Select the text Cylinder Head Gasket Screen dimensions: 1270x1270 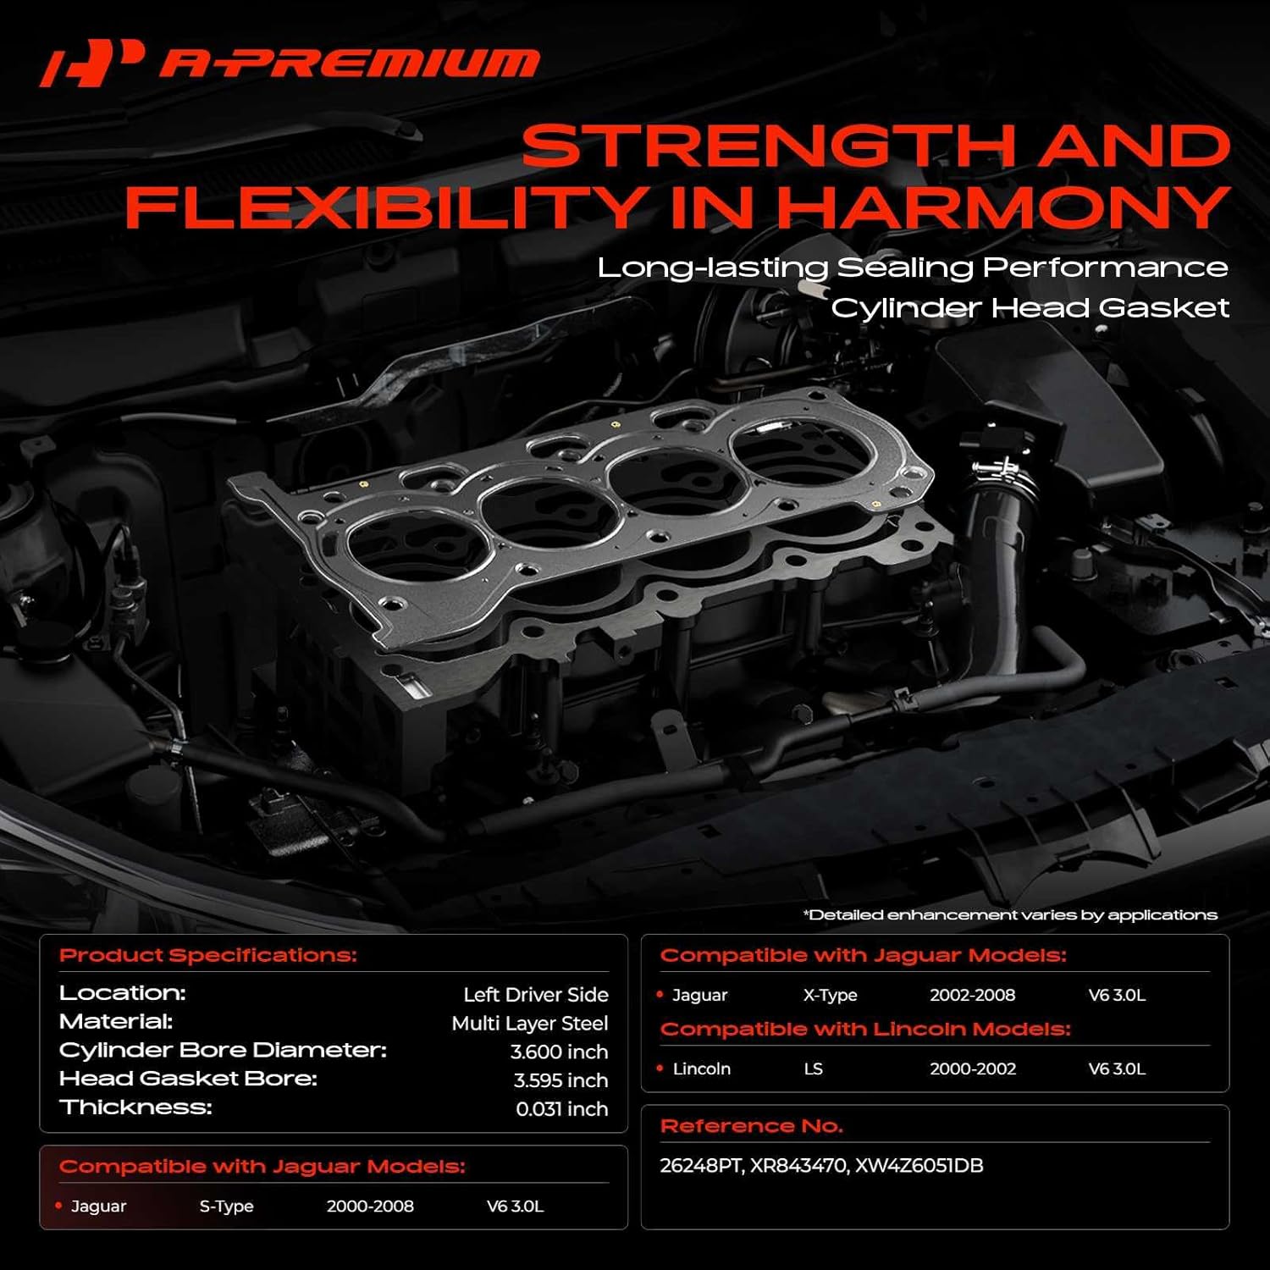point(1030,307)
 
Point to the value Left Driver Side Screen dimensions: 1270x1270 point(535,995)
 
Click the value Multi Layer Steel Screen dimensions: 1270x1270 point(529,1024)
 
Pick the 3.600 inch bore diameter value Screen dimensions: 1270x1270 point(559,1052)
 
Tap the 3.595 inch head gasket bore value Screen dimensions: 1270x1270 point(560,1080)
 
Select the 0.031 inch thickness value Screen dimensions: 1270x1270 point(561,1109)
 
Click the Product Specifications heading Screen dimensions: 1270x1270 point(208,956)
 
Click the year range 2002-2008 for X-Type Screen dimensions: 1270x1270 point(972,996)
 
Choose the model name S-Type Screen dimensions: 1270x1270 point(226,1206)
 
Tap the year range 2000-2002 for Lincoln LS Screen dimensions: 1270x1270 point(973,1069)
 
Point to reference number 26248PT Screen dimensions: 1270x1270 point(700,1166)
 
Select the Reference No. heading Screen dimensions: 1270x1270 point(751,1127)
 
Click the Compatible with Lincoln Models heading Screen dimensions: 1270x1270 point(865,1030)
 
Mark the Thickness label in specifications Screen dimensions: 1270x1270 point(135,1107)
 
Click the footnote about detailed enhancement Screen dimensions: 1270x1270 point(1010,915)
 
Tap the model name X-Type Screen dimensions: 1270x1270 point(830,996)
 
